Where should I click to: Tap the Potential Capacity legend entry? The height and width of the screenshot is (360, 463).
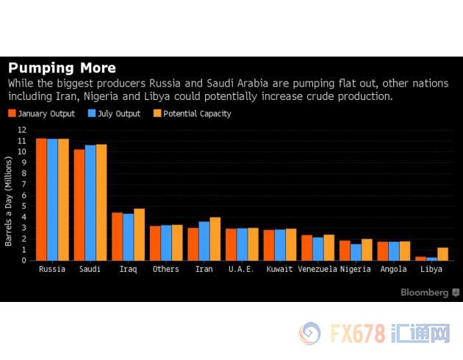(191, 114)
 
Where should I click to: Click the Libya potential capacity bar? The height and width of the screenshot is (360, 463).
(442, 253)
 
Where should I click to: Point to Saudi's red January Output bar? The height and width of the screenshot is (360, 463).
(79, 205)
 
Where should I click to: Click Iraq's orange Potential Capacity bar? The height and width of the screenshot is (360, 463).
(139, 234)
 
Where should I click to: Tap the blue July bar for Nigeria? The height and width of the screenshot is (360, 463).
(356, 252)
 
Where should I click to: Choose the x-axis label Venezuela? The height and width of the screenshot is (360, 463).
(317, 270)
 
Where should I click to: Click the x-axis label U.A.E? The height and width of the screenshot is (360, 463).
(242, 270)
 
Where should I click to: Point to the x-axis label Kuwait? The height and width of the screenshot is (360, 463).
(279, 270)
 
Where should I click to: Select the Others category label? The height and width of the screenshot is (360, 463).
(165, 270)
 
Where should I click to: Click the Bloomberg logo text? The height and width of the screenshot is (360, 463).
(425, 292)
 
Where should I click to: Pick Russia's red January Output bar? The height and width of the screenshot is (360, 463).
(41, 199)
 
